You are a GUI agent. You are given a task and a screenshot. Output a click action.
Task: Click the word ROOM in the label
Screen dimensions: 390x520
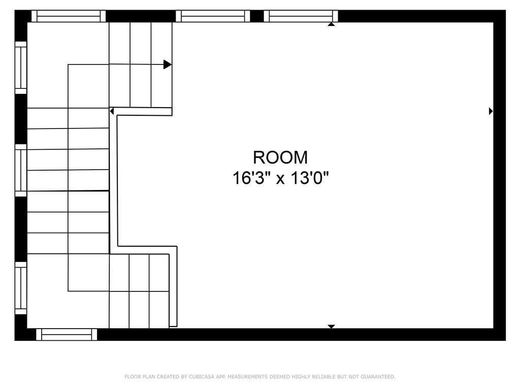click(280, 157)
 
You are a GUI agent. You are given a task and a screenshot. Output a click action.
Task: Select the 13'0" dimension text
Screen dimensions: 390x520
click(310, 178)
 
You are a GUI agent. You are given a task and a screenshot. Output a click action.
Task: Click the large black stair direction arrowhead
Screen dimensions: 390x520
click(167, 64)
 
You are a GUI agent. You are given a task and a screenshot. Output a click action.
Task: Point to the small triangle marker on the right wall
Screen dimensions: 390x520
click(491, 111)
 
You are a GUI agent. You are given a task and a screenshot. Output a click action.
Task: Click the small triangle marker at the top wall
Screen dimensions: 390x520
click(331, 24)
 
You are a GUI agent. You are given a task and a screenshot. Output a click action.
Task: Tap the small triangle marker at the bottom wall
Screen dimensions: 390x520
click(331, 326)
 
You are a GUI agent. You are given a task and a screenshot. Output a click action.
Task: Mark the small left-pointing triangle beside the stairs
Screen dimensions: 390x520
click(112, 111)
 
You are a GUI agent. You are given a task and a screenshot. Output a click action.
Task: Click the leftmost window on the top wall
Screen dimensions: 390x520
click(69, 16)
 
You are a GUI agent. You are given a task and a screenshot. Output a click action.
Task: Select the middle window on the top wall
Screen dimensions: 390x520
click(213, 16)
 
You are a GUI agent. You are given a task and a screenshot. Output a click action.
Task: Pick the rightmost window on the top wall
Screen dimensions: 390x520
click(301, 16)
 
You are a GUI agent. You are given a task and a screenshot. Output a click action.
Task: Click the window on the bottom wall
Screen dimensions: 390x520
click(67, 334)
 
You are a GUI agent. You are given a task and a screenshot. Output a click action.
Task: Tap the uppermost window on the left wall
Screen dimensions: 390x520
click(21, 68)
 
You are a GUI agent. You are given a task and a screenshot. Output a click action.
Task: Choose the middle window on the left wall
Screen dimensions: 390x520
click(21, 170)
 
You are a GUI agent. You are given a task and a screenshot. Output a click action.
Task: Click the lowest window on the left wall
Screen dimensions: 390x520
click(21, 288)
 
